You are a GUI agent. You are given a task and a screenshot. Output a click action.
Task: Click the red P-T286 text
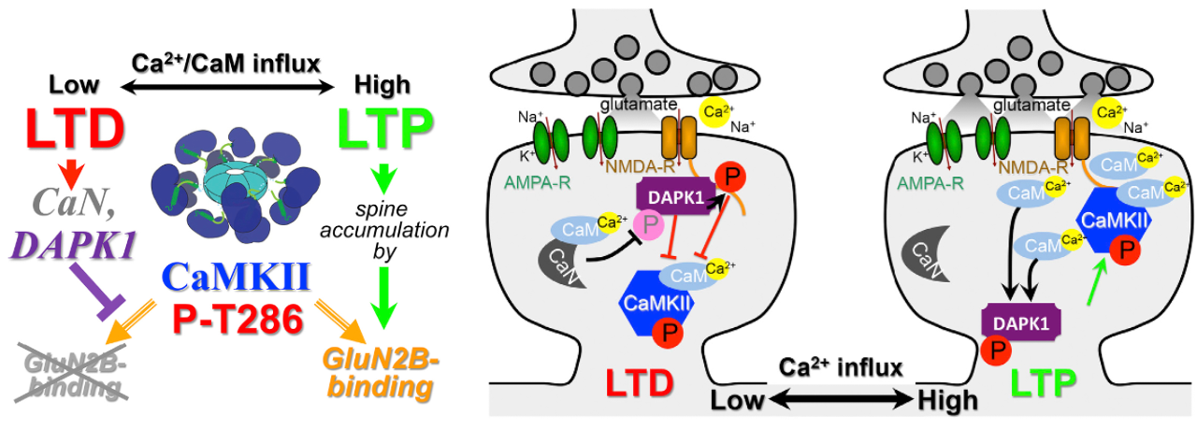click(238, 320)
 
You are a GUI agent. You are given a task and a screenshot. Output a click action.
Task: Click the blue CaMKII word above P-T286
click(236, 277)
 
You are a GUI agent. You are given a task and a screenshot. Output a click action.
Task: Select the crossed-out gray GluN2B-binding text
click(71, 378)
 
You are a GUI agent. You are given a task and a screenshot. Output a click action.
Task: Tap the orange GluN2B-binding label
click(381, 374)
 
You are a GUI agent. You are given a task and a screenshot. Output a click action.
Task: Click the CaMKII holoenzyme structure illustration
click(235, 184)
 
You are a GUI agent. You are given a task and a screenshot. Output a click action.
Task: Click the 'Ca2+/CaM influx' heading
click(225, 64)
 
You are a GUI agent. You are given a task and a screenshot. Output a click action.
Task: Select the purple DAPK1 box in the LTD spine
click(676, 197)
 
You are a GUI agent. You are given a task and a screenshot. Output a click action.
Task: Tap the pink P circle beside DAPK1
click(649, 225)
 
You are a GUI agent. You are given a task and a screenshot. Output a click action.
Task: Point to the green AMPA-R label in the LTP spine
click(930, 183)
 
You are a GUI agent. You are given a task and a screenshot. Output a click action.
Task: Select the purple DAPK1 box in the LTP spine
click(1020, 322)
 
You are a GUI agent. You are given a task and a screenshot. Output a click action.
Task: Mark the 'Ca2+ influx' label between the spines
click(840, 367)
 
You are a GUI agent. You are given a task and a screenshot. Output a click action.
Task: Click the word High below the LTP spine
click(947, 401)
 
